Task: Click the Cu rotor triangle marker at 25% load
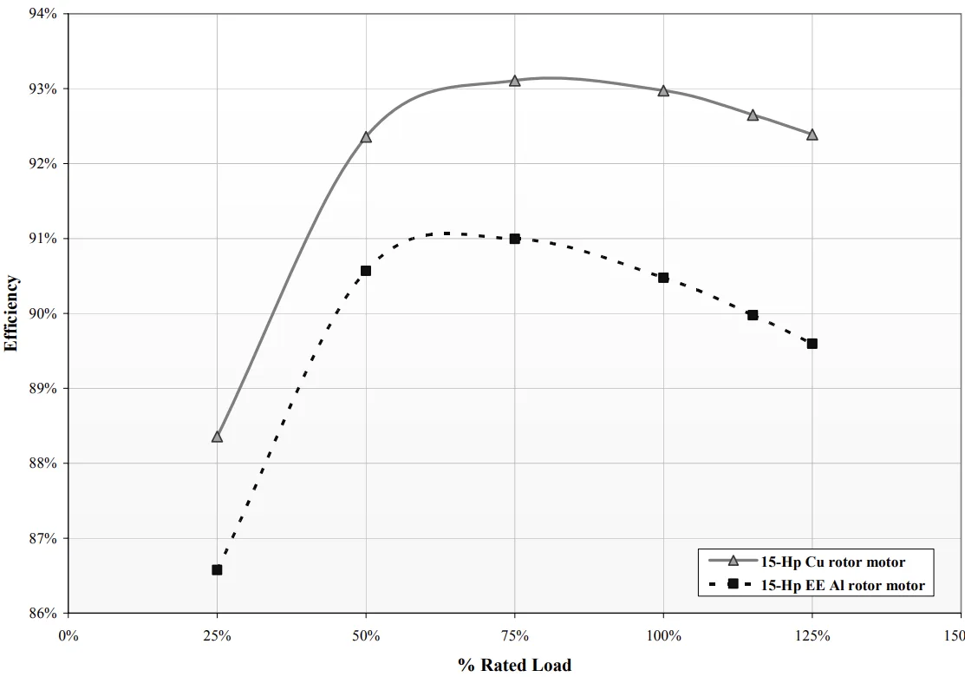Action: click(x=217, y=437)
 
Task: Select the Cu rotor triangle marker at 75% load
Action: click(x=514, y=81)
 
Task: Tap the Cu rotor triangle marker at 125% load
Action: click(x=812, y=135)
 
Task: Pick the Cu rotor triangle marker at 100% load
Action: click(x=663, y=90)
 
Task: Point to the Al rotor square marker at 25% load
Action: click(x=217, y=570)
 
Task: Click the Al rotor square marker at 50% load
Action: click(x=366, y=271)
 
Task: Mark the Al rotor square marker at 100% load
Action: click(x=663, y=278)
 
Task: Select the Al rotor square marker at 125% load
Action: click(x=812, y=344)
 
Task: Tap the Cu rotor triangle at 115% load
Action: click(x=753, y=115)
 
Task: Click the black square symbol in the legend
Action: click(x=733, y=585)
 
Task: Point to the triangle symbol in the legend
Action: click(x=733, y=562)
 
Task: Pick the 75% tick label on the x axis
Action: click(x=514, y=635)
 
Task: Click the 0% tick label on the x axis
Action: click(x=68, y=635)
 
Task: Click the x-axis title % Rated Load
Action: click(x=514, y=665)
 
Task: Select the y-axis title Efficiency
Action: click(x=11, y=313)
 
